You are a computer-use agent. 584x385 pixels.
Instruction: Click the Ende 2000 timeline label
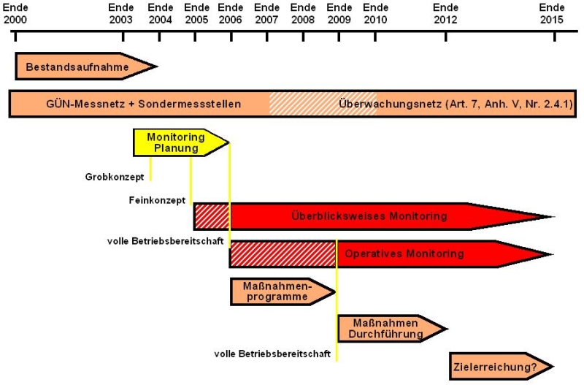click(x=15, y=14)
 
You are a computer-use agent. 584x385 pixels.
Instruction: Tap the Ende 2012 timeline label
click(x=445, y=14)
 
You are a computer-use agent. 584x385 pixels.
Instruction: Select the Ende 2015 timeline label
click(x=552, y=14)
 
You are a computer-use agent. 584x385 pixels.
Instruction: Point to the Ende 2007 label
click(x=266, y=14)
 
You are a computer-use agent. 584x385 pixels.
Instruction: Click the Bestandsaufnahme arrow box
click(x=85, y=66)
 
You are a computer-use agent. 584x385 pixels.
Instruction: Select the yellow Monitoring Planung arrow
click(x=180, y=142)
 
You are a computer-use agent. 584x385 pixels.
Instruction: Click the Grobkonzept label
click(x=115, y=177)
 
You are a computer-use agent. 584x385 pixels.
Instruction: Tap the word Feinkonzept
click(x=157, y=200)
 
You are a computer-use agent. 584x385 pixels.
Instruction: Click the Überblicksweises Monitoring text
click(x=369, y=216)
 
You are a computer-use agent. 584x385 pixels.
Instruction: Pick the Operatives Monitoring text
click(x=404, y=254)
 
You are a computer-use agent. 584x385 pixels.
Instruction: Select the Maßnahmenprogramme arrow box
click(x=283, y=291)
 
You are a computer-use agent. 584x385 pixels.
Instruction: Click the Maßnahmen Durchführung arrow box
click(x=392, y=329)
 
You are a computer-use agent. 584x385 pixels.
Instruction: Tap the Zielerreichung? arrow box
click(x=501, y=367)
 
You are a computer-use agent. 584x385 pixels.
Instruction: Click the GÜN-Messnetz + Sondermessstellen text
click(x=143, y=104)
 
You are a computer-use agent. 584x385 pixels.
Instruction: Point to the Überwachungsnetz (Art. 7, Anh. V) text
click(x=456, y=104)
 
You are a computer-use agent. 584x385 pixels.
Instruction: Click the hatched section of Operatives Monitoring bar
click(x=283, y=254)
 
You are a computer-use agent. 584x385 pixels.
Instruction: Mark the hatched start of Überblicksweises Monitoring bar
click(x=212, y=216)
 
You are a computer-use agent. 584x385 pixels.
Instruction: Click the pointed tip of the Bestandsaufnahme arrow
click(x=157, y=66)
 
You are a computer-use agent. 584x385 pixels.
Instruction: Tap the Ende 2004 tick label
click(x=160, y=14)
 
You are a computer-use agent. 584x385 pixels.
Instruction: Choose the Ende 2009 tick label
click(x=339, y=14)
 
